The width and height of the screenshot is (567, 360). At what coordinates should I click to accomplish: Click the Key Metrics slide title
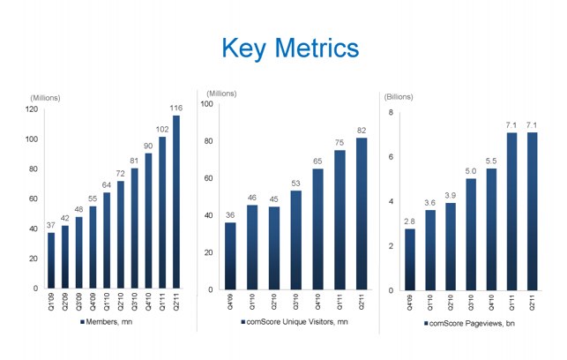282,47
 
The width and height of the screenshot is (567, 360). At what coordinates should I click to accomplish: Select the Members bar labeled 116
175,202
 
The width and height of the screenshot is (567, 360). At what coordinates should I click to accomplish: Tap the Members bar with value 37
51,260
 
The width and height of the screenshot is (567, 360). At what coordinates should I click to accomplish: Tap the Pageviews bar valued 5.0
471,235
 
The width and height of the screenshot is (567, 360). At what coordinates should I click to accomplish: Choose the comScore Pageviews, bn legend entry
471,326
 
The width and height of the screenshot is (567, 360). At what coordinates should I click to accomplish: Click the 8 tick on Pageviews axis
390,113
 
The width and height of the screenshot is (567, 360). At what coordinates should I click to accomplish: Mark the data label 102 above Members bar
161,130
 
